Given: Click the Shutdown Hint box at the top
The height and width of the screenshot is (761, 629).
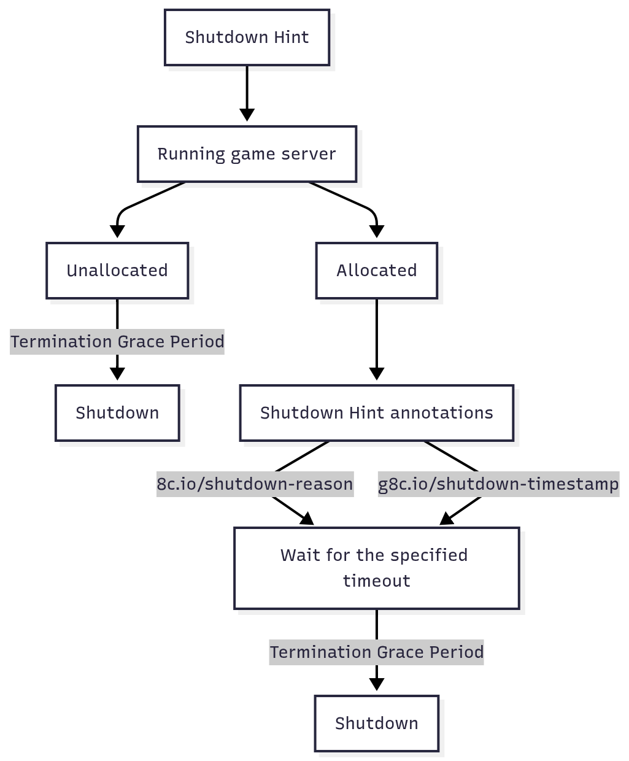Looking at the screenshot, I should tap(247, 37).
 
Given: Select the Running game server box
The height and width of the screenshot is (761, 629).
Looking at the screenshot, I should tap(247, 154).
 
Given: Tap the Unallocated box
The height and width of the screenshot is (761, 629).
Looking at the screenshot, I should tap(117, 271).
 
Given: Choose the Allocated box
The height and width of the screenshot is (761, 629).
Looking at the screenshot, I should tap(376, 271).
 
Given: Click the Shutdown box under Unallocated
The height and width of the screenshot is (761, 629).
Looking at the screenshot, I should tap(117, 413).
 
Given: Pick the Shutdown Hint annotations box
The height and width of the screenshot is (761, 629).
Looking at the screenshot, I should tap(376, 413).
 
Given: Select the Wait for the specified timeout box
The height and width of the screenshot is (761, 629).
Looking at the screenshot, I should tap(376, 568).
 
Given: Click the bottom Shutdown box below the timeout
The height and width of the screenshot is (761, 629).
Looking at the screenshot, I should tap(376, 724).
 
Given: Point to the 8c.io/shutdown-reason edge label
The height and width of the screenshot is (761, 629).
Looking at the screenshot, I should tap(255, 484).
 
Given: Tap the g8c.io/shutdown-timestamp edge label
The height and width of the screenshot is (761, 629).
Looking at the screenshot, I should tap(498, 484).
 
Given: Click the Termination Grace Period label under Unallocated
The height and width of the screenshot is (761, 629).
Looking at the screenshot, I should tap(117, 342).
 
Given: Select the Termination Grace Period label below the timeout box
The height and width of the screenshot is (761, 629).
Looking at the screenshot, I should tap(376, 652).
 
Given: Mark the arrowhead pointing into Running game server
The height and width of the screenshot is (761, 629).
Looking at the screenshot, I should tap(247, 115).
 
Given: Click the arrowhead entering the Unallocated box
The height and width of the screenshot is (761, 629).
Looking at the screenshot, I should tap(117, 232).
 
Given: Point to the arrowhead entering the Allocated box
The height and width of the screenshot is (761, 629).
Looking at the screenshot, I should tap(377, 232).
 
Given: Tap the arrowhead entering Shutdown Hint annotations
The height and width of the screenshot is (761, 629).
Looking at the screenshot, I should tap(377, 374).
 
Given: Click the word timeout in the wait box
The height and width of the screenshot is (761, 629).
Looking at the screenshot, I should tap(376, 581).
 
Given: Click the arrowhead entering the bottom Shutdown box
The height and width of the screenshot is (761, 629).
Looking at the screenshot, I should tap(377, 684).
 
